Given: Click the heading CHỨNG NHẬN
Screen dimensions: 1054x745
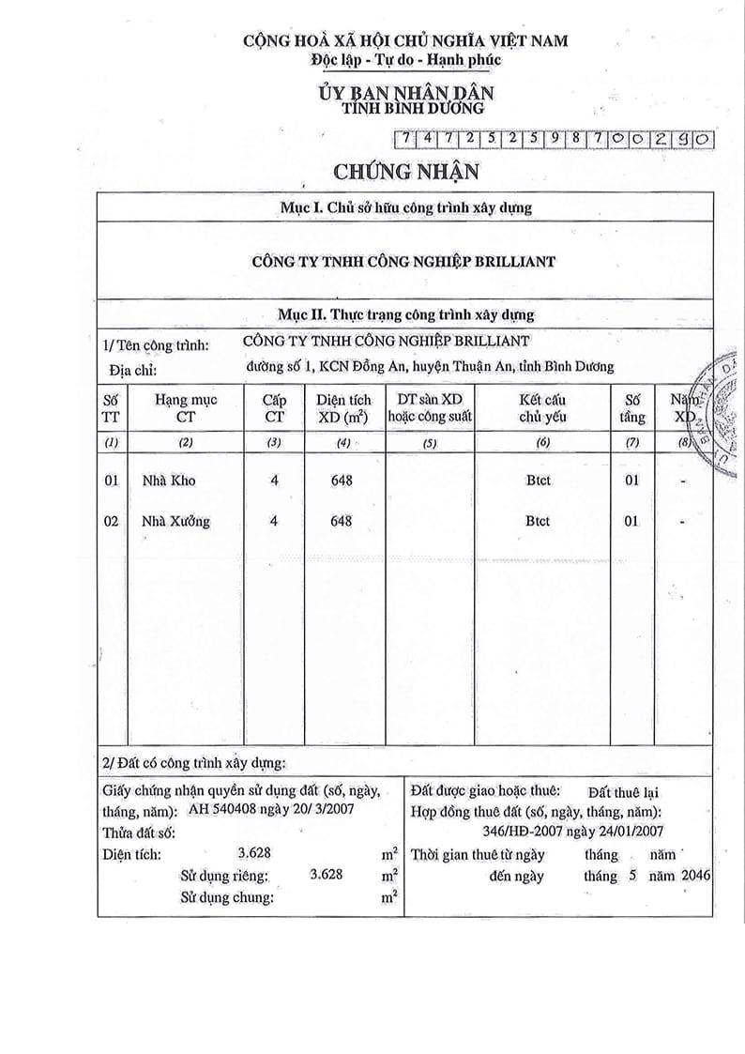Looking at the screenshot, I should click(405, 171).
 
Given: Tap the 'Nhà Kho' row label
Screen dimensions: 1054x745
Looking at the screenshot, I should click(168, 481).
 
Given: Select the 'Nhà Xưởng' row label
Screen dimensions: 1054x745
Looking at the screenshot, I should click(175, 521).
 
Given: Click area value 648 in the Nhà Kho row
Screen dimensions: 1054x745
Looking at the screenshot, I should click(342, 481).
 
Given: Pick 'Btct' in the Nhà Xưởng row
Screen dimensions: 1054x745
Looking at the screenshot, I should click(538, 521).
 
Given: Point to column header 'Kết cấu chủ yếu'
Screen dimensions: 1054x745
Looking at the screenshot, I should click(541, 407).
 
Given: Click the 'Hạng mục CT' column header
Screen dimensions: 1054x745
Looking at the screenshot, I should click(186, 407).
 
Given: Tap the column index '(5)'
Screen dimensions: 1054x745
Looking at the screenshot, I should click(431, 442).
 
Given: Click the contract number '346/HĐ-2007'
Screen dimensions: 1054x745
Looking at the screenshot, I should click(514, 831).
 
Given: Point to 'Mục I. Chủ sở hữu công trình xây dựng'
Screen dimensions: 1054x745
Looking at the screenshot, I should click(405, 207).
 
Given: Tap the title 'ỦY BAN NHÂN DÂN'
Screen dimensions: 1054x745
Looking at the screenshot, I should click(405, 93).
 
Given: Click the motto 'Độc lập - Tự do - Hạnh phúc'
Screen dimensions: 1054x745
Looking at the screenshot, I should click(405, 59).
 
